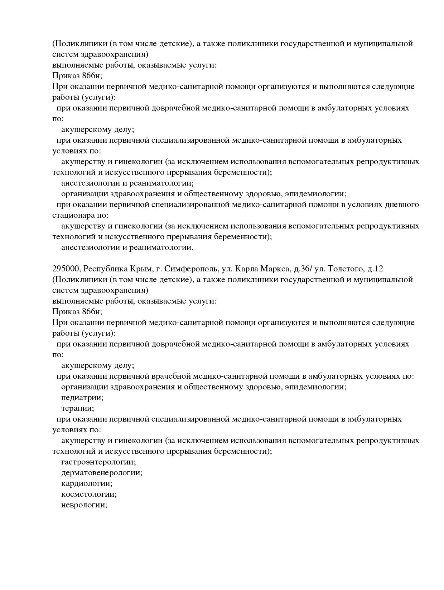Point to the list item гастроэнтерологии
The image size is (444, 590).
(x=98, y=462)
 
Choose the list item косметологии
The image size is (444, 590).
(x=89, y=494)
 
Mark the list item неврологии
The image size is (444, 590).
(x=85, y=505)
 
